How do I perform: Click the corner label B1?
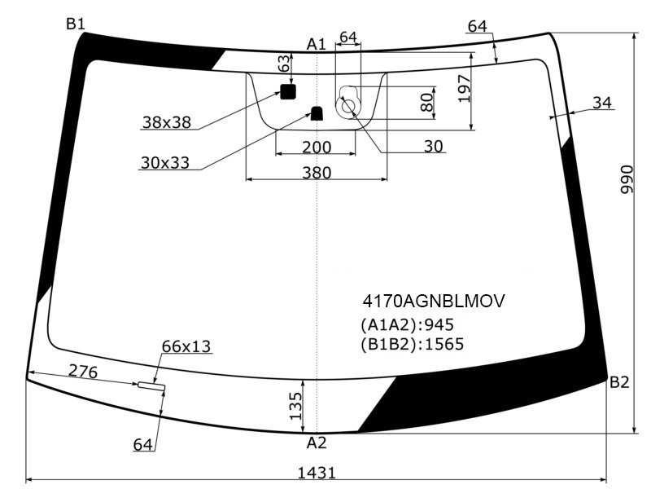click(75, 24)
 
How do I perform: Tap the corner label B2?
click(619, 381)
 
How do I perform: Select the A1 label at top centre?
click(317, 44)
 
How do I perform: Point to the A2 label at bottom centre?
click(317, 443)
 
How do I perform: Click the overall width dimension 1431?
click(317, 473)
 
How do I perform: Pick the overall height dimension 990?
click(627, 179)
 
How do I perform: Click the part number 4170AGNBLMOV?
click(434, 301)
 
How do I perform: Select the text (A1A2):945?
click(408, 324)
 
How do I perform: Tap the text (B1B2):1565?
click(412, 344)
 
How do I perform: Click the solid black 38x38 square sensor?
click(288, 91)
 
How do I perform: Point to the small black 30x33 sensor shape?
click(317, 113)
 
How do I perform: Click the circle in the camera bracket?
click(348, 107)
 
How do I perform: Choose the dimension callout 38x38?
click(167, 122)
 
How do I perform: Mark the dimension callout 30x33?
click(165, 162)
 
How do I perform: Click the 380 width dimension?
click(317, 173)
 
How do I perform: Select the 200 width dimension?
click(317, 148)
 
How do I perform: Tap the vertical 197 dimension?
click(465, 89)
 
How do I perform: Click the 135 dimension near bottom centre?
click(295, 406)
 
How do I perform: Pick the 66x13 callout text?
click(186, 346)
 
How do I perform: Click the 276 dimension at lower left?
click(83, 371)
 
